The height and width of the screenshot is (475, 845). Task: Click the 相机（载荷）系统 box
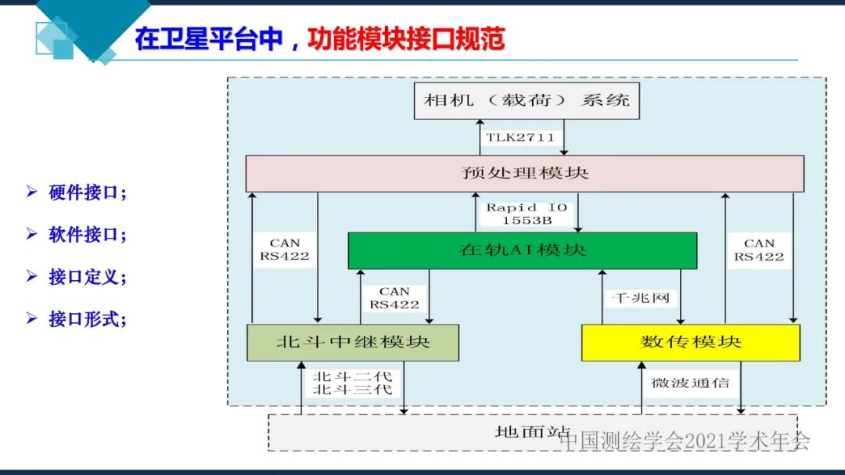(x=526, y=100)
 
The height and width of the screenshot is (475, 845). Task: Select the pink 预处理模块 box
(x=524, y=173)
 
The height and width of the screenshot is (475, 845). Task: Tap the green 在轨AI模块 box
(x=522, y=250)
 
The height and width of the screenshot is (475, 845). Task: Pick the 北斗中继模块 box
(x=352, y=342)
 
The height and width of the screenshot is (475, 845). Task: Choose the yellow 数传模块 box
(x=690, y=342)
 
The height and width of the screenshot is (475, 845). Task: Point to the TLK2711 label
(x=520, y=138)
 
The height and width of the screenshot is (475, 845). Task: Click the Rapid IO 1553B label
(x=527, y=214)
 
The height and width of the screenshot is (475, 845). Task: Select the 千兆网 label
(x=640, y=298)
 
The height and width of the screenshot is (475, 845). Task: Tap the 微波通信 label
(x=690, y=383)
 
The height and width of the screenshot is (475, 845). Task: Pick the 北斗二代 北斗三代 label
(x=352, y=383)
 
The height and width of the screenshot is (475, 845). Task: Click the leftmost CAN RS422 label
(x=285, y=250)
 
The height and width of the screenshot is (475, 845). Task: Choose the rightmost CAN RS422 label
(x=759, y=250)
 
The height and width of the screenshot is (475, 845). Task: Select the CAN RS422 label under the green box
(x=394, y=298)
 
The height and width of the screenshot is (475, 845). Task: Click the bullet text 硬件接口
(x=87, y=193)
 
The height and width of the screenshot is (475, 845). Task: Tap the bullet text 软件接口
(x=87, y=234)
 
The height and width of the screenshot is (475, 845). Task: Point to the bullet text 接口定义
(x=87, y=276)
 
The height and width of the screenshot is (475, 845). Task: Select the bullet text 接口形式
(x=87, y=318)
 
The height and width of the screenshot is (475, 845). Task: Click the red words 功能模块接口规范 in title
(x=406, y=39)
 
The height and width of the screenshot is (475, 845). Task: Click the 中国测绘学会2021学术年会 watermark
(x=685, y=441)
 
